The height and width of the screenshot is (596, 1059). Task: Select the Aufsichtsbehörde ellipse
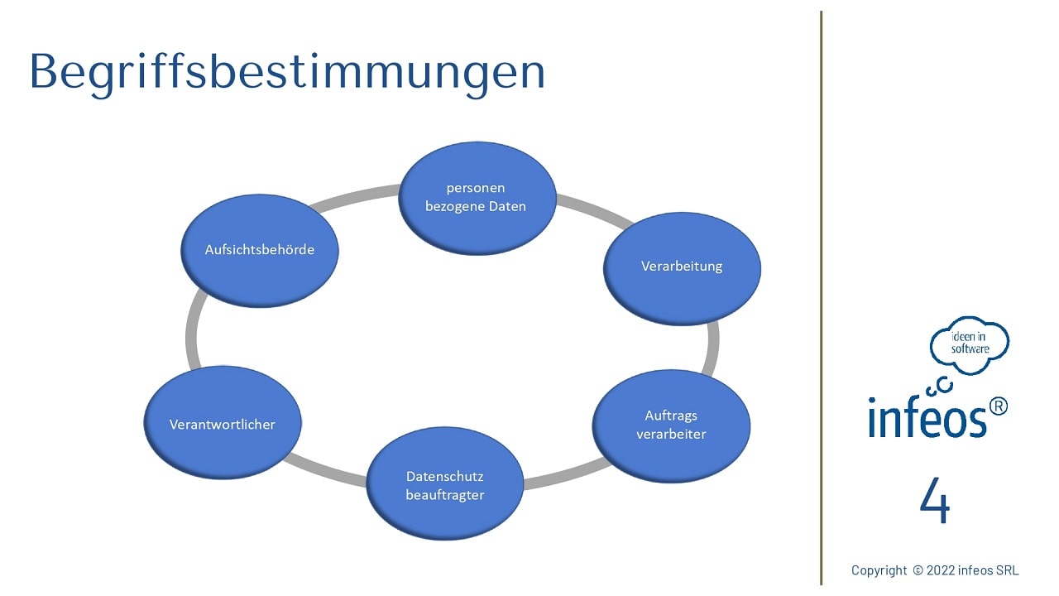pos(260,251)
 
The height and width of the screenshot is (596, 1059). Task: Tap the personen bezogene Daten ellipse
pos(477,198)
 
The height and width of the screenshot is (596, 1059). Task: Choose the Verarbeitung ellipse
pos(682,269)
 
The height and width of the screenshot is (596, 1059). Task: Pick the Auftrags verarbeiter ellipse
pos(671,426)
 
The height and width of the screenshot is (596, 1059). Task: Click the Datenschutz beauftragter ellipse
pos(445,483)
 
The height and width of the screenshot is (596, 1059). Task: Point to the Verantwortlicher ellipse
pos(223,422)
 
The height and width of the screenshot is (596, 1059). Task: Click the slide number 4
pos(935,500)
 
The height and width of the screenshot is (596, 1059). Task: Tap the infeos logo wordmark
pos(927,417)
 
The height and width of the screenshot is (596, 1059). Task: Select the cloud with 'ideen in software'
pos(969,345)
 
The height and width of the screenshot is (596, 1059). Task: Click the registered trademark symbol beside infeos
pos(998,406)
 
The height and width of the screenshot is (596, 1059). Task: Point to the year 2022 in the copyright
pos(941,570)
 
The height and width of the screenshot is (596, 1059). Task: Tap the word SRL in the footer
pos(1007,570)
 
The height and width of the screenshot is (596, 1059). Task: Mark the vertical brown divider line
pos(822,298)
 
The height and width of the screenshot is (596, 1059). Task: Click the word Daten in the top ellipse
pos(507,206)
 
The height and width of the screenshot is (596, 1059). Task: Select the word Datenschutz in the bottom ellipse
pos(445,476)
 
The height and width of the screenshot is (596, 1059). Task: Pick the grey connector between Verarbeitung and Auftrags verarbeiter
pos(712,348)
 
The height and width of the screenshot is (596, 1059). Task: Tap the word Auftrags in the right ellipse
pos(671,416)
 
